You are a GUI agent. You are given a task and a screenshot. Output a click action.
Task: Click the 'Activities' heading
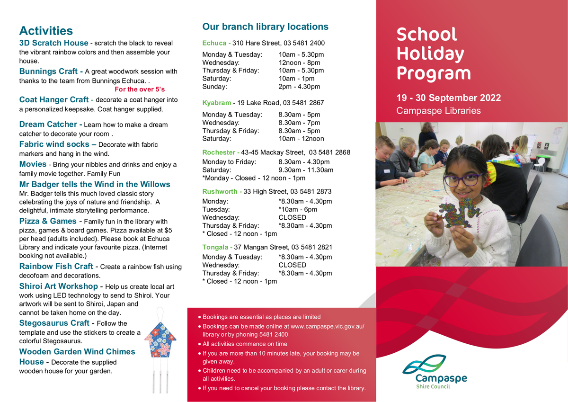point(46,31)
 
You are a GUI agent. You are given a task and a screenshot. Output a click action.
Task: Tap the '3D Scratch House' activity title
point(53,43)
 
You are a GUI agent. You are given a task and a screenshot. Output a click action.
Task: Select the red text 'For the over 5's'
point(140,89)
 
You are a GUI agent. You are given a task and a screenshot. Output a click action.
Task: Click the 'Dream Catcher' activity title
point(48,124)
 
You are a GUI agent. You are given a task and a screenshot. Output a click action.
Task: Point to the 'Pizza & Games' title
point(47,221)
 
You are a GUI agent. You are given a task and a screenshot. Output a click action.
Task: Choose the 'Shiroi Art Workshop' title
point(58,286)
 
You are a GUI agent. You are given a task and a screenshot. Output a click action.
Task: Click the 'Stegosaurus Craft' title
point(54,323)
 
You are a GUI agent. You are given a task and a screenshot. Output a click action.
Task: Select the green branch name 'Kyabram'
point(216,103)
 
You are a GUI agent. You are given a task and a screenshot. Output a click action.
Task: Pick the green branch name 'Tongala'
point(215,247)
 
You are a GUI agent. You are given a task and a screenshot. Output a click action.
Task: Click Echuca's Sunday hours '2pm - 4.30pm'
point(299,87)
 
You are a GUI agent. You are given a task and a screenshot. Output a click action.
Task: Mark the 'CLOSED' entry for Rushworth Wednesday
point(292,217)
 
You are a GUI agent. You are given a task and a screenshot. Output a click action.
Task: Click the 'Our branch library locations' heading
point(265,27)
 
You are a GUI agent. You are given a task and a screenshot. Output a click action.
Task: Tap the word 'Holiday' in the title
point(430,54)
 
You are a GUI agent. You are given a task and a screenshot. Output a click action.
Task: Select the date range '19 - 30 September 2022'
point(448,98)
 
